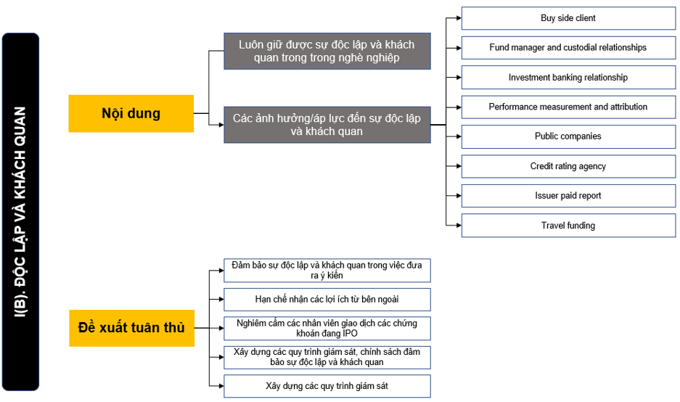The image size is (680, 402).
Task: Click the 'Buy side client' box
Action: click(x=568, y=18)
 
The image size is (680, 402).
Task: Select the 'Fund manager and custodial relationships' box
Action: click(x=568, y=48)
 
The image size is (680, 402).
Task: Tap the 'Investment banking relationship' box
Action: click(x=568, y=77)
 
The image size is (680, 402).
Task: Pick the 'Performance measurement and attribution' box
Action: click(x=568, y=107)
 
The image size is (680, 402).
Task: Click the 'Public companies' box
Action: click(x=568, y=136)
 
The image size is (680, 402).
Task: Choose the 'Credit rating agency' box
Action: click(x=568, y=166)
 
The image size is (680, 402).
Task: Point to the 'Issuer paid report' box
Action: click(x=568, y=196)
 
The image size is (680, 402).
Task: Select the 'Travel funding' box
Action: click(x=568, y=226)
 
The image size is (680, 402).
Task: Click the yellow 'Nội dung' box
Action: click(x=131, y=114)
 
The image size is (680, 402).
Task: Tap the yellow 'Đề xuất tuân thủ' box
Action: click(x=132, y=328)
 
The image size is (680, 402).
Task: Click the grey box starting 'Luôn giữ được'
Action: click(x=327, y=52)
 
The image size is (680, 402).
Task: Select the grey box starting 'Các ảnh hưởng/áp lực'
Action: click(x=327, y=125)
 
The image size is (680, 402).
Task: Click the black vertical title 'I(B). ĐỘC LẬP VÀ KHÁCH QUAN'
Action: click(x=20, y=212)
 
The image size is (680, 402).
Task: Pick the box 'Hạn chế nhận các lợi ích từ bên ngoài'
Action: click(x=327, y=300)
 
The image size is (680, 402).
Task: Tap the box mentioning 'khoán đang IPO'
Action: click(x=327, y=328)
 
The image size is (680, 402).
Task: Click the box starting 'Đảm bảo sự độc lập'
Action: click(x=327, y=271)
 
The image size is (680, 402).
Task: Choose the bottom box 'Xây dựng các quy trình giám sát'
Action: click(x=327, y=386)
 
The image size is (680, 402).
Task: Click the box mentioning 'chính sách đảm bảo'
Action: click(x=327, y=357)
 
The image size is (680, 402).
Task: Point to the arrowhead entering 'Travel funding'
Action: click(x=459, y=226)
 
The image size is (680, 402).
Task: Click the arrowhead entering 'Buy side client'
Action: click(x=459, y=18)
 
